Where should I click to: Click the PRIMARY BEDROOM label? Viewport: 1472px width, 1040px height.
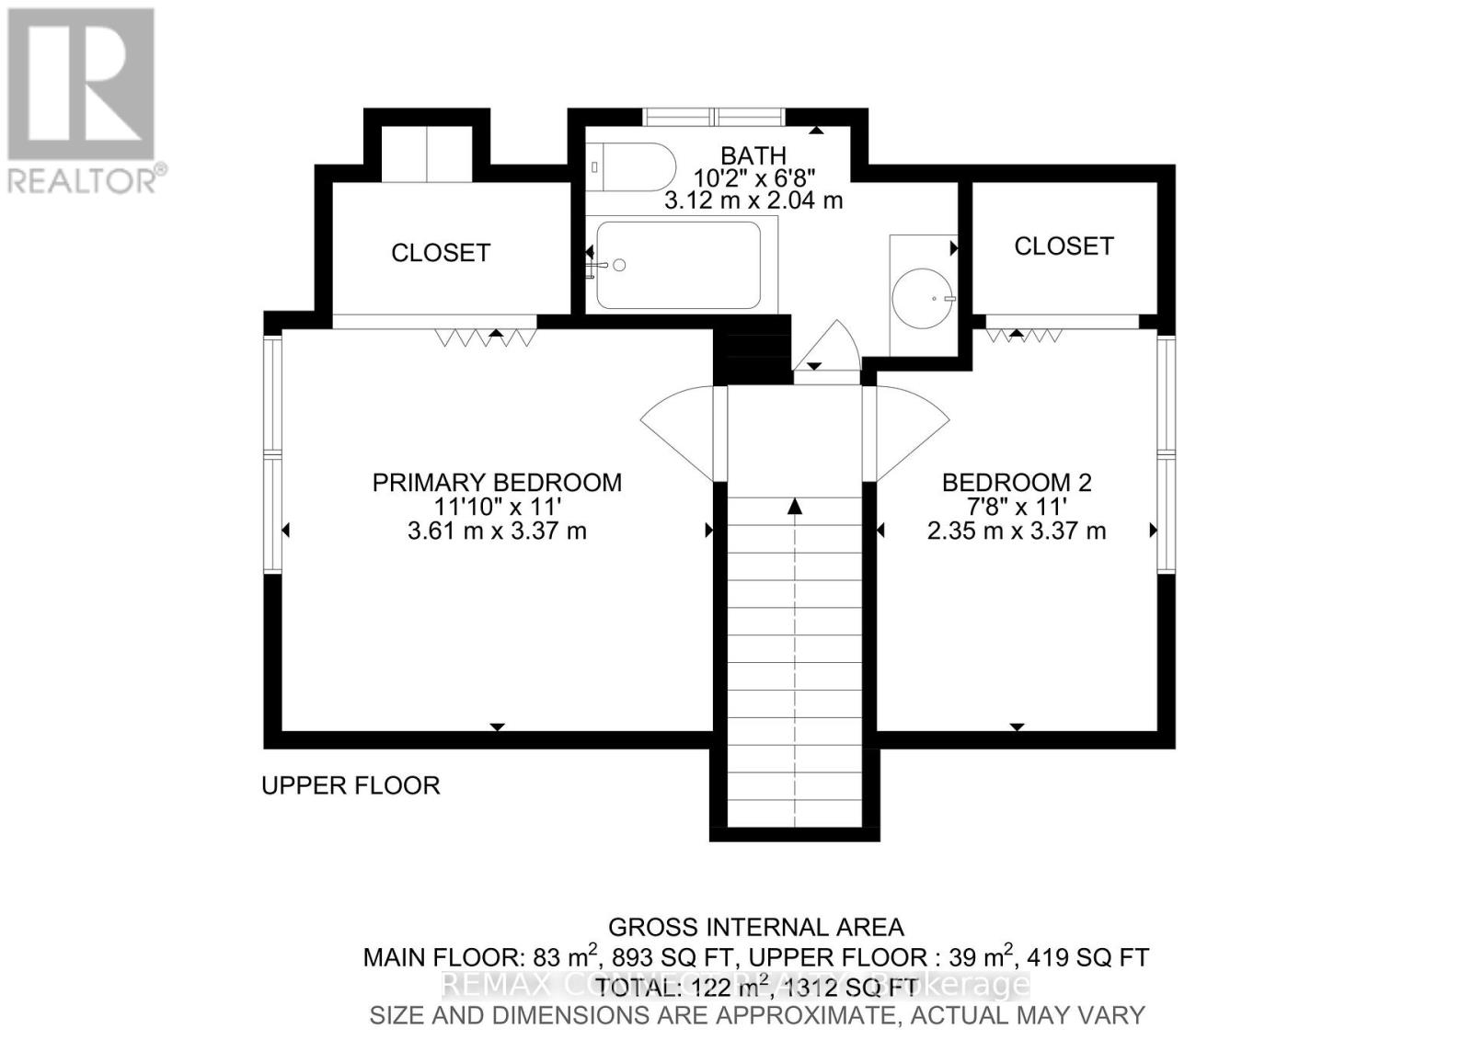coord(497,482)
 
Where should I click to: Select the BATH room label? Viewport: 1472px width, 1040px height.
coord(753,155)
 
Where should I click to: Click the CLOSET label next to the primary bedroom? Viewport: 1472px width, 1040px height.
coord(441,253)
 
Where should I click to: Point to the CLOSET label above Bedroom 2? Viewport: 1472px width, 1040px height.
coord(1064,246)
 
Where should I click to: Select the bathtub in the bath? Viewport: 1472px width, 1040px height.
coord(679,265)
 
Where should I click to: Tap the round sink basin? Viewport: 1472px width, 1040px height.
coord(923,298)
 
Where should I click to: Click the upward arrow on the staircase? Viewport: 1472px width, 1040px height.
coord(795,508)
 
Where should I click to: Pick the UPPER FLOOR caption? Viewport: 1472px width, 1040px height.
coord(351,785)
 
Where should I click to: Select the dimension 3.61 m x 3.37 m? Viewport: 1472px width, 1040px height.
coord(497,531)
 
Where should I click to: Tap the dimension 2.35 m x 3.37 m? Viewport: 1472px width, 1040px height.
coord(1016,531)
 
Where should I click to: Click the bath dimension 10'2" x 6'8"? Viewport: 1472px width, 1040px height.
coord(753,177)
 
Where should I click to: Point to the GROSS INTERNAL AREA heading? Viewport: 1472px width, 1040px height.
coord(756,927)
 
